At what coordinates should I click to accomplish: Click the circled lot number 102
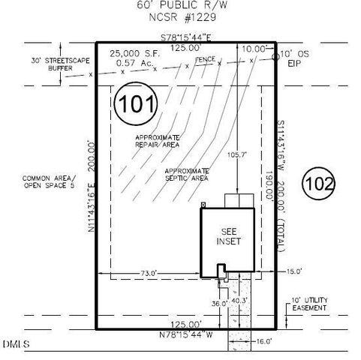tap(319, 182)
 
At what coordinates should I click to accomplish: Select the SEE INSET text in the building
tap(227, 237)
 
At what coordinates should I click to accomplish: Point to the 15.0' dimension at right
tap(293, 271)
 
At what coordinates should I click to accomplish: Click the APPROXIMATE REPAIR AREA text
tap(157, 142)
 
